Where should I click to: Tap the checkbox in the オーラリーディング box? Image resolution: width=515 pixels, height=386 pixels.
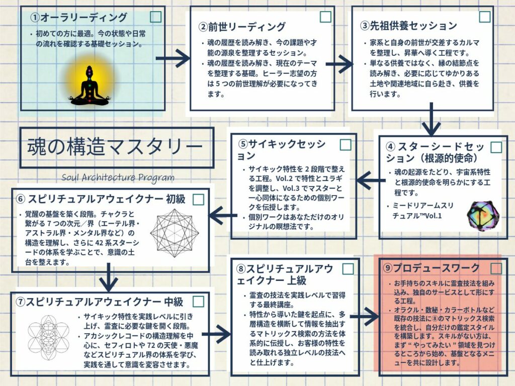point(156,17)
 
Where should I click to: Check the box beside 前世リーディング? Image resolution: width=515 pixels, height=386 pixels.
point(325,17)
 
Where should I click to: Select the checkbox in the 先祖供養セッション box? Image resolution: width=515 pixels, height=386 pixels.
point(484,17)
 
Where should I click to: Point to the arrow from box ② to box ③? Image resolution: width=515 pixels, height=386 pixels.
point(339,64)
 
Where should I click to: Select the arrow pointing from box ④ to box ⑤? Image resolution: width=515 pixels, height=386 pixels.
point(371,177)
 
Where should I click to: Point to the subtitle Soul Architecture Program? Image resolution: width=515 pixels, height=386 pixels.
point(118,177)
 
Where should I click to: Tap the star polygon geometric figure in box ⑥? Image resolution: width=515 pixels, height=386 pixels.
point(174,233)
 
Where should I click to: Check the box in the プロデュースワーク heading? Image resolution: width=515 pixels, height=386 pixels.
point(496,267)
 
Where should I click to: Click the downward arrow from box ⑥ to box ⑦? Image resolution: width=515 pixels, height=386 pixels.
point(109,277)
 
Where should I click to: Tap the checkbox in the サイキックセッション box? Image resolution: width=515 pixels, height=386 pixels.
point(346,145)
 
